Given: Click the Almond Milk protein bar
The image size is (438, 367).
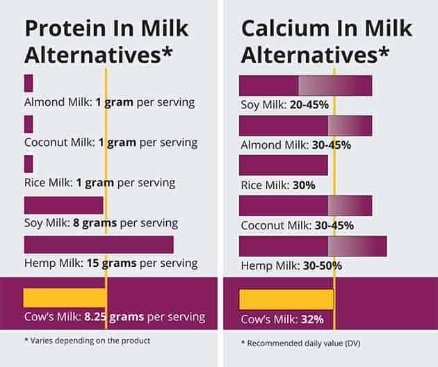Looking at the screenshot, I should (29, 83).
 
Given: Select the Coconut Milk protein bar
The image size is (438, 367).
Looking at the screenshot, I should (29, 124).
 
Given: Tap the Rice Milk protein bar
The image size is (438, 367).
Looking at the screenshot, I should (29, 164).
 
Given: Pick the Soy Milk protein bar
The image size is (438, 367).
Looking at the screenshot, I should (63, 205).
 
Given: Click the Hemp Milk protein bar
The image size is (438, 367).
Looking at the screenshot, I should (98, 245).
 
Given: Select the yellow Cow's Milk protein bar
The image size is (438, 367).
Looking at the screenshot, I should (65, 297).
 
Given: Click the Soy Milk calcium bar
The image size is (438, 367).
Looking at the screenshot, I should (305, 85).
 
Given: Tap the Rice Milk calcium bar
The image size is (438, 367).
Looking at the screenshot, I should (283, 165).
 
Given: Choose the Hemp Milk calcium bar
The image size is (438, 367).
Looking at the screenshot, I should (312, 247).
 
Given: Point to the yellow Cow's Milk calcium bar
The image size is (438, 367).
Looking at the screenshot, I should (286, 298).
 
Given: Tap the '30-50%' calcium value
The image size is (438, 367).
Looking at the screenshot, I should (323, 266).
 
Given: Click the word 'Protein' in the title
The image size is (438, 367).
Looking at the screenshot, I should (68, 28).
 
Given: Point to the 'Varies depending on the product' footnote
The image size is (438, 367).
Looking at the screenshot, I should (87, 341).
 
